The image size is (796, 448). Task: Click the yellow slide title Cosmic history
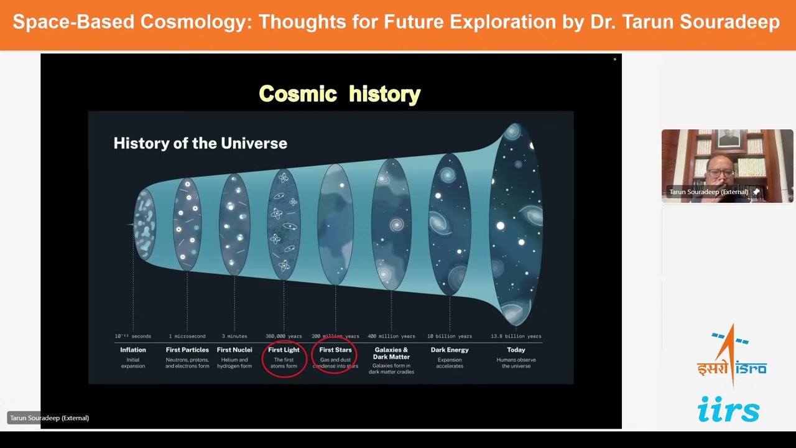(x=340, y=94)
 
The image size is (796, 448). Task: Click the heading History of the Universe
(x=200, y=143)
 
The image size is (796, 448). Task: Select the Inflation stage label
(x=133, y=350)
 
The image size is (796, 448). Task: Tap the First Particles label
(x=187, y=350)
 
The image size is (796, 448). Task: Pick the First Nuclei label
(x=234, y=350)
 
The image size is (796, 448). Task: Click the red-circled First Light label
(x=284, y=350)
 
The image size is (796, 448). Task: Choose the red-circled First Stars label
(x=335, y=350)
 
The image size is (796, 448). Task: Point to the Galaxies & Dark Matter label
(x=391, y=353)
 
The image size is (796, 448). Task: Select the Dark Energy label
(x=450, y=350)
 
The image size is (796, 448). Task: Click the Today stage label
(x=516, y=350)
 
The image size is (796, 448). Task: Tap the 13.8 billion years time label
(x=516, y=336)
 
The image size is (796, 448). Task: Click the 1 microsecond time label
(x=187, y=336)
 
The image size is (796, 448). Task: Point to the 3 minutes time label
(x=234, y=336)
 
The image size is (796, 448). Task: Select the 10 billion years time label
(x=450, y=336)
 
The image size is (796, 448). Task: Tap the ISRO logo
(x=731, y=358)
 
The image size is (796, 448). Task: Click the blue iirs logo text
(x=728, y=409)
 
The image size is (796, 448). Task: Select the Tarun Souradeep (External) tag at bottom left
(x=49, y=418)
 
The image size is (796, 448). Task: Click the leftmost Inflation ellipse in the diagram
(x=145, y=224)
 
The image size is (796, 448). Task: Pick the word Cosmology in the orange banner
(x=195, y=22)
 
